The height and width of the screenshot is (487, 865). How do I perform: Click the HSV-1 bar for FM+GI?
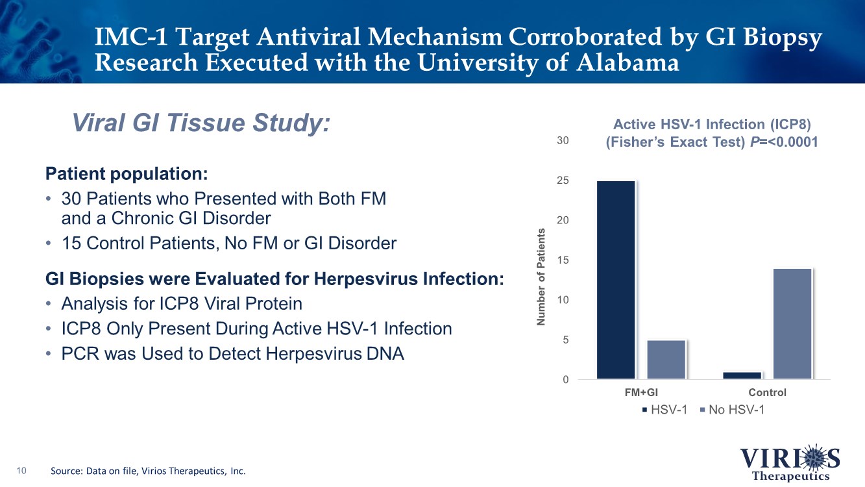[x=616, y=279]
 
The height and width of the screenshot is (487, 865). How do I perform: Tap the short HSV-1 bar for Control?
[x=742, y=375]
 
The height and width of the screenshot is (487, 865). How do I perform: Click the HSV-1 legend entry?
[x=664, y=410]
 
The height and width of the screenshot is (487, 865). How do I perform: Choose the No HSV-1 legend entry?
[x=733, y=410]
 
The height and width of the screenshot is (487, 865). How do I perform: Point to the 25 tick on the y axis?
[x=561, y=181]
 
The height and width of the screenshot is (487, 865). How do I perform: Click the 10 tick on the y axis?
[x=561, y=300]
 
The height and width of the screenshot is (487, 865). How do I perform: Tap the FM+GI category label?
[x=641, y=392]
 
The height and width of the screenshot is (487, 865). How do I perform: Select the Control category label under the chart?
[x=767, y=392]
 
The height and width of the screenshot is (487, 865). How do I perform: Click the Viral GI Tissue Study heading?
[x=201, y=122]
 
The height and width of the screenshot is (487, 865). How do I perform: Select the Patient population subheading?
[x=127, y=174]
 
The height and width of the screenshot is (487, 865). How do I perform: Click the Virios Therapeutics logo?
[x=790, y=462]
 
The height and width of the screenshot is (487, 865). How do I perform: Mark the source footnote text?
[x=148, y=471]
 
